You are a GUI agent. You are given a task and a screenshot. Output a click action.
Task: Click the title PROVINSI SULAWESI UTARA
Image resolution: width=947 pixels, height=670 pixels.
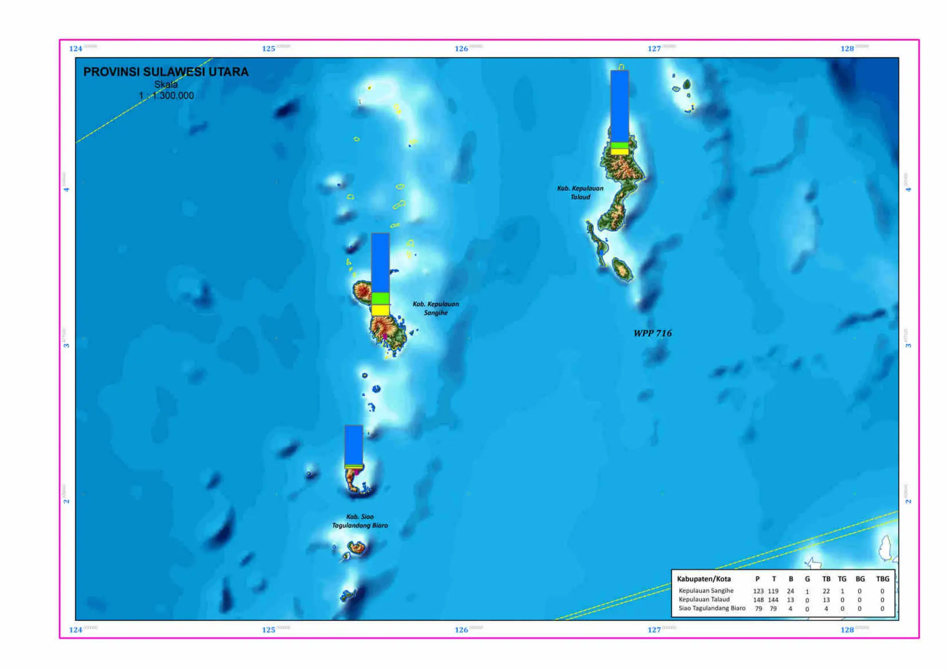166,72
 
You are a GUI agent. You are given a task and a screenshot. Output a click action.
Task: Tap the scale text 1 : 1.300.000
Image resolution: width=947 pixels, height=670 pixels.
166,96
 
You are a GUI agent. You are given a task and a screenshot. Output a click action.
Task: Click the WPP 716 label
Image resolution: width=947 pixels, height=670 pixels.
652,333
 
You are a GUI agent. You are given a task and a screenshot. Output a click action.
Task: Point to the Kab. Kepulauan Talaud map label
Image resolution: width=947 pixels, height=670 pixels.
580,192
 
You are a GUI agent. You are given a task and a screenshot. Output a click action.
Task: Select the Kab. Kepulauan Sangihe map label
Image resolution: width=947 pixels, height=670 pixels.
436,308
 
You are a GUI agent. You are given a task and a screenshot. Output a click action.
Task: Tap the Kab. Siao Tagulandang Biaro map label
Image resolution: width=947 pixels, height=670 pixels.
360,521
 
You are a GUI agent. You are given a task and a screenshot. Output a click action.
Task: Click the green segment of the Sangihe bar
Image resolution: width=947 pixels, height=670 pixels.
380,298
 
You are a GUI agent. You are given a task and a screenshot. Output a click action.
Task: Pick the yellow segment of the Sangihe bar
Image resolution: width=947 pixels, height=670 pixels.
380,310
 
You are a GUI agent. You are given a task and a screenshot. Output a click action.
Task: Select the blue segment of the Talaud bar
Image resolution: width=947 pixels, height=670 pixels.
619,106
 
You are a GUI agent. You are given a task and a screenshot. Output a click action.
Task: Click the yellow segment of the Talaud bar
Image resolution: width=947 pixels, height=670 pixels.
619,152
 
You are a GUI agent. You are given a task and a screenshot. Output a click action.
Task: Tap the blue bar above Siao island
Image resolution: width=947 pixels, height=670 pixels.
354,445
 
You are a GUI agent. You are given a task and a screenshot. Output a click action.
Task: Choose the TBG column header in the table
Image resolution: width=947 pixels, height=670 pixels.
882,579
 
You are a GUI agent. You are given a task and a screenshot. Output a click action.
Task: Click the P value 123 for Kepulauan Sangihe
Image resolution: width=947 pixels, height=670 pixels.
758,591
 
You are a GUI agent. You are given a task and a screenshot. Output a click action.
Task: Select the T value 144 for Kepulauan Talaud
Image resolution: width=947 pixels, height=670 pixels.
773,600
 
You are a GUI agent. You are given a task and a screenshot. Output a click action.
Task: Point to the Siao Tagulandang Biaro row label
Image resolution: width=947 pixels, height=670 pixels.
712,608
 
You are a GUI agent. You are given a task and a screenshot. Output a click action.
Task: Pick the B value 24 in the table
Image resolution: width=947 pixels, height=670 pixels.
790,591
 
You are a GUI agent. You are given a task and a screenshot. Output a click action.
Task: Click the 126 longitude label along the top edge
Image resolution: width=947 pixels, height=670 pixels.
461,49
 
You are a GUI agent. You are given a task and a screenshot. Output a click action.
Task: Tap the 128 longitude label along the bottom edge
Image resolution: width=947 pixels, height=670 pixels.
847,630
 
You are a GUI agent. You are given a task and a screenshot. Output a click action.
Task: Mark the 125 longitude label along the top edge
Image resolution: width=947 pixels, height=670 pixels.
269,49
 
